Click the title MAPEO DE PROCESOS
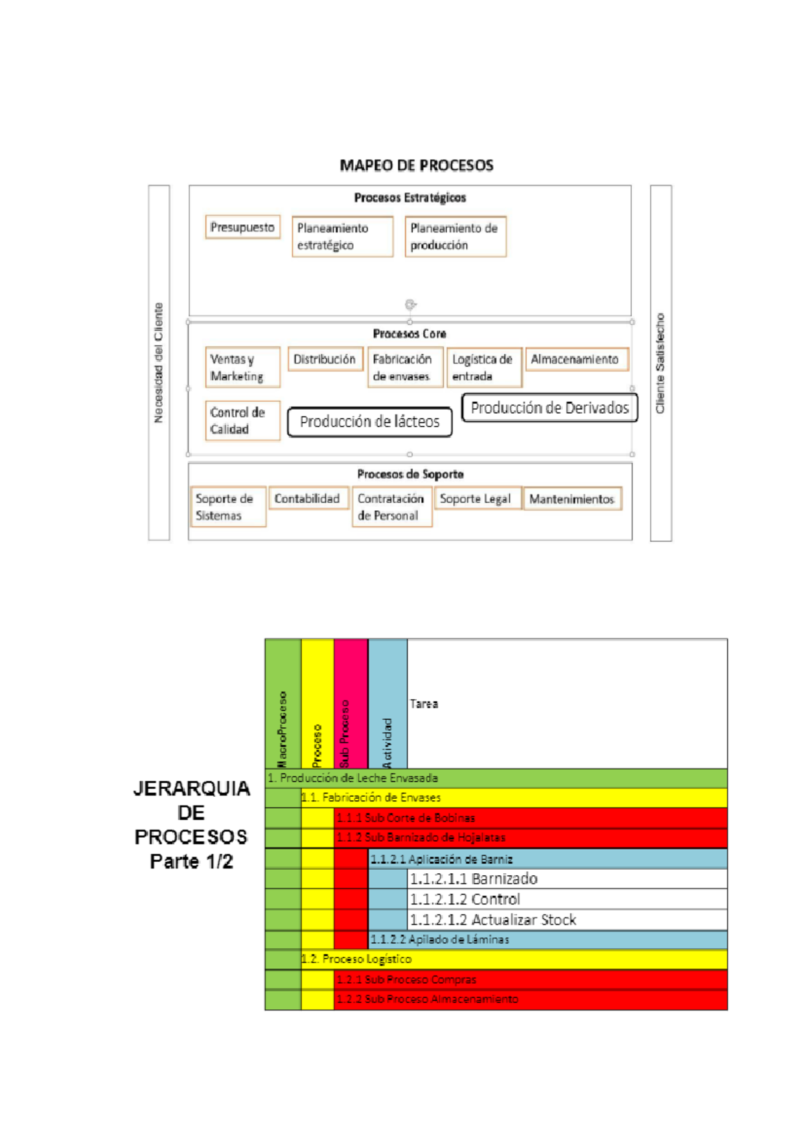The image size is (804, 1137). coord(416,165)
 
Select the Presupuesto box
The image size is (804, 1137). coord(243,228)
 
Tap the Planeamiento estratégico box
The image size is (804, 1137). coord(342,236)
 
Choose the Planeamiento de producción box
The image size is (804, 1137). coord(455,236)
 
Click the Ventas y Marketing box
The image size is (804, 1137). coord(242,368)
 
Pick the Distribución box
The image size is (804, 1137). coord(325,360)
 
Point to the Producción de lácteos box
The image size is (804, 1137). coord(369,422)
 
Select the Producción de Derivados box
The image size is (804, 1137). coord(549,408)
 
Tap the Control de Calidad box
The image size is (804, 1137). coord(242,421)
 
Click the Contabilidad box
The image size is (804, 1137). coord(307,499)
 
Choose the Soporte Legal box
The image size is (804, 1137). coord(475,499)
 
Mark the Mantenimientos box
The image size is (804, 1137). coord(572,499)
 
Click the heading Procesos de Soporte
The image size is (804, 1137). coord(410,474)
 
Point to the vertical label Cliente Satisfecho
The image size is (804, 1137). coord(661,363)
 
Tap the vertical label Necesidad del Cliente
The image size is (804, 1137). coord(159,363)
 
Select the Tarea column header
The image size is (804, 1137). coord(424,704)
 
